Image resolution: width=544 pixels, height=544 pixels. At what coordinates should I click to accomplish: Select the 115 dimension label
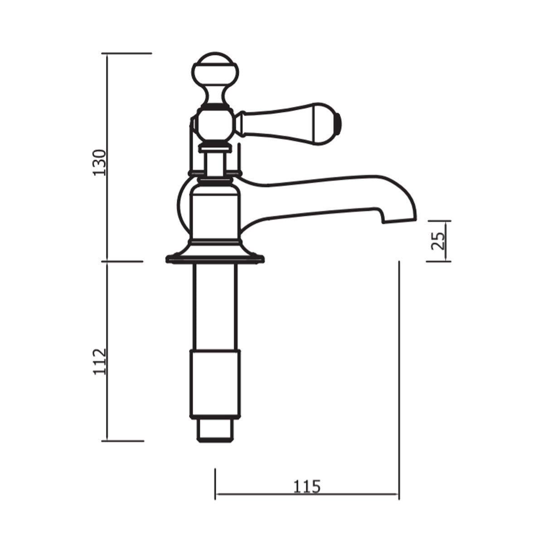pyautogui.click(x=306, y=486)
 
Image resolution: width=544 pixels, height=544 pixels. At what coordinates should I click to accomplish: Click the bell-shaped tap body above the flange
pyautogui.click(x=214, y=213)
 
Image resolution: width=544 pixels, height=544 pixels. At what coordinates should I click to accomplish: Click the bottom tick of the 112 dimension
pyautogui.click(x=125, y=440)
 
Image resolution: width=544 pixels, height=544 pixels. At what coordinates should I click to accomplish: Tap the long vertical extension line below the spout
pyautogui.click(x=398, y=363)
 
